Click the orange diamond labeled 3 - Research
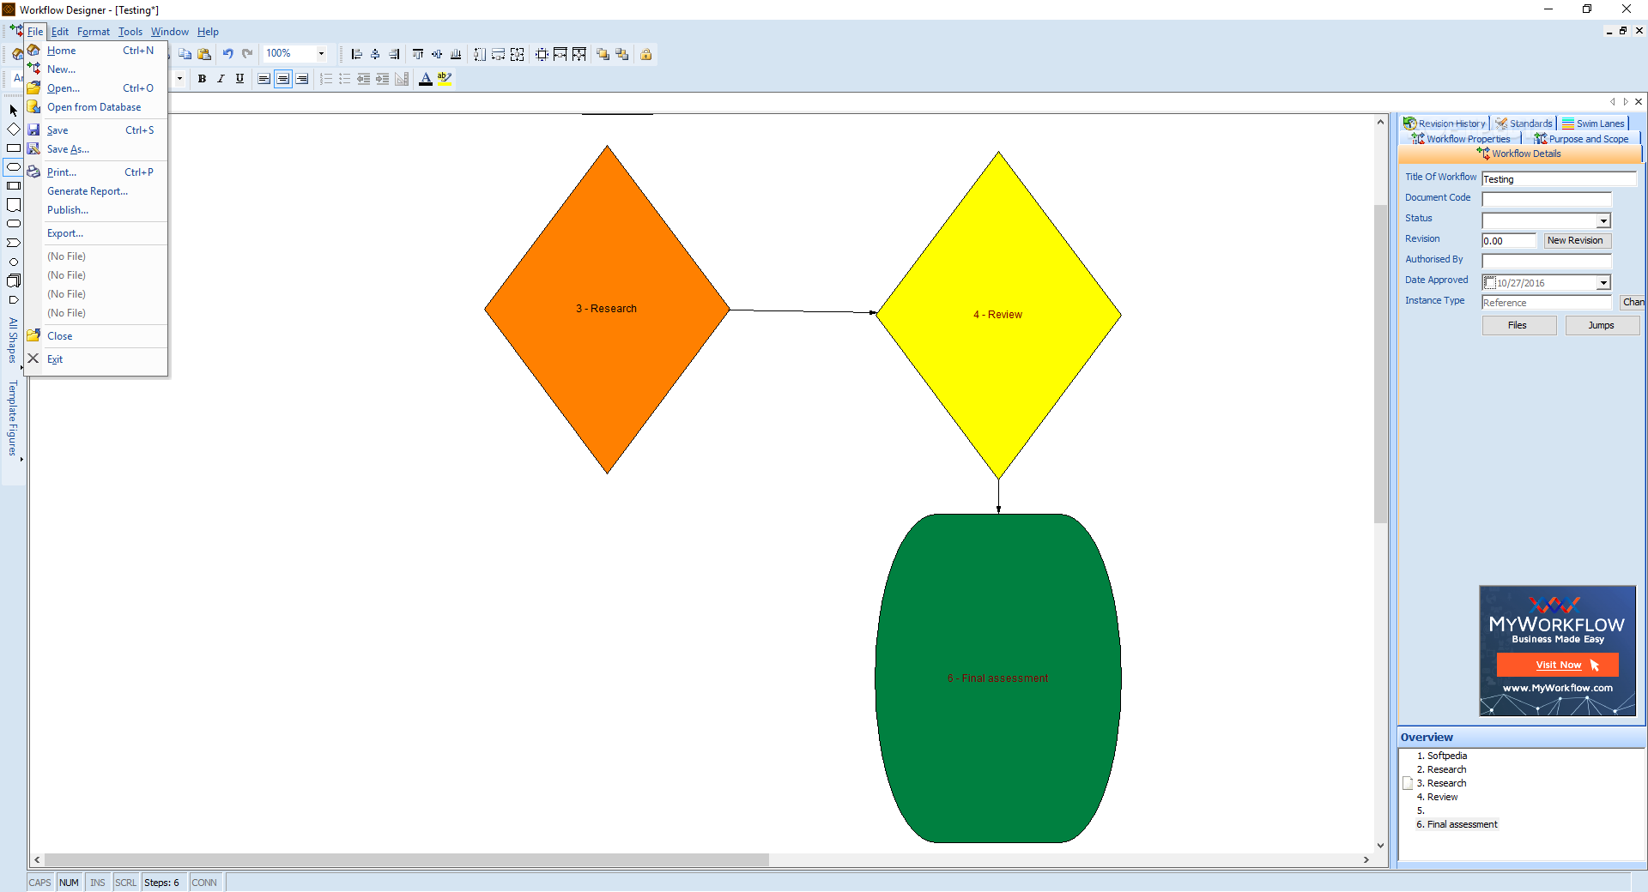tap(607, 310)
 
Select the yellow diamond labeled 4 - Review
tap(998, 315)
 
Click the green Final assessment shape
tap(998, 678)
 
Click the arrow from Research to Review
tap(803, 311)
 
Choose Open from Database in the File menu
tap(94, 107)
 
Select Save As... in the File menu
tap(68, 149)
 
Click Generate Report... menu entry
tap(88, 191)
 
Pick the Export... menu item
tap(65, 233)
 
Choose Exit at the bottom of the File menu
tap(55, 359)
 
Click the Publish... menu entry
tap(68, 210)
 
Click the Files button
tap(1518, 326)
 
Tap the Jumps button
tap(1602, 326)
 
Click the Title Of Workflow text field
tap(1559, 179)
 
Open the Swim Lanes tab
tap(1594, 124)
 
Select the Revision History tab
tap(1445, 124)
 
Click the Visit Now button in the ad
tap(1558, 665)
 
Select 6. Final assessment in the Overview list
tap(1457, 824)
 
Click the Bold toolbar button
tap(202, 79)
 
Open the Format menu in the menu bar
tap(94, 32)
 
